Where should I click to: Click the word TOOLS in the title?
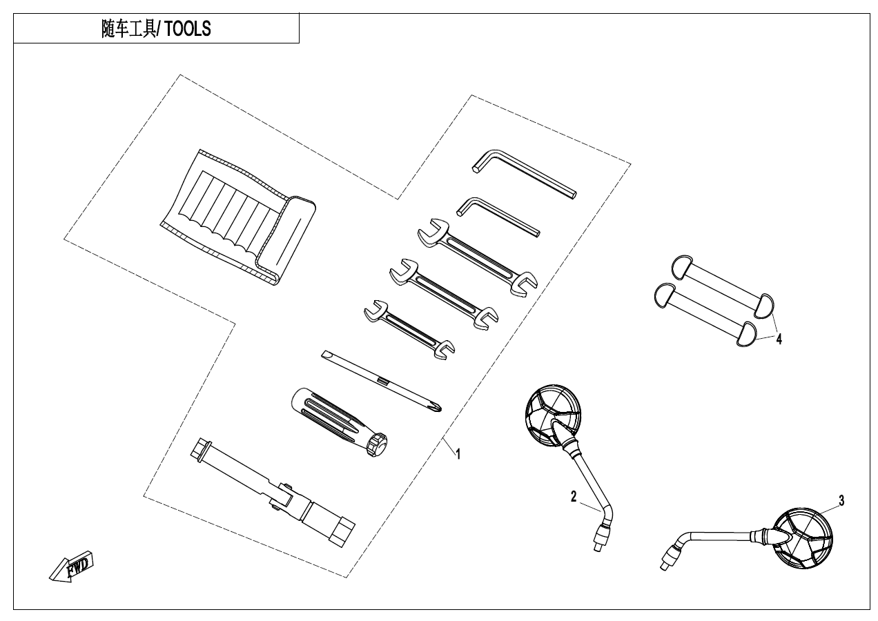coord(187,28)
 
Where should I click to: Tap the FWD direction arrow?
coord(72,567)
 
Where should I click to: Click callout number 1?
coord(458,454)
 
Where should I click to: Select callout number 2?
coord(574,497)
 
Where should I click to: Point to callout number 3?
coord(841,500)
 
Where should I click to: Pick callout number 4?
coord(779,339)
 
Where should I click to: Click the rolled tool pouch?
coord(238,217)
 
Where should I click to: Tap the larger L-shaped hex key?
coord(525,174)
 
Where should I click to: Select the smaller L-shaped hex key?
coord(498,217)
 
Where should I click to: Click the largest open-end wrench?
coord(478,257)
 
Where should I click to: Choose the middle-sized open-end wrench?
coord(444,293)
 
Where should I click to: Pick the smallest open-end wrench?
coord(409,330)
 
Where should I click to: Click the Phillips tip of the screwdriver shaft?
coord(438,408)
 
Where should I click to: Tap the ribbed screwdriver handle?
coord(339,422)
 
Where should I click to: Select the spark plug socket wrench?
coord(273,492)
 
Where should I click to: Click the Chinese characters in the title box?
coord(128,28)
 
